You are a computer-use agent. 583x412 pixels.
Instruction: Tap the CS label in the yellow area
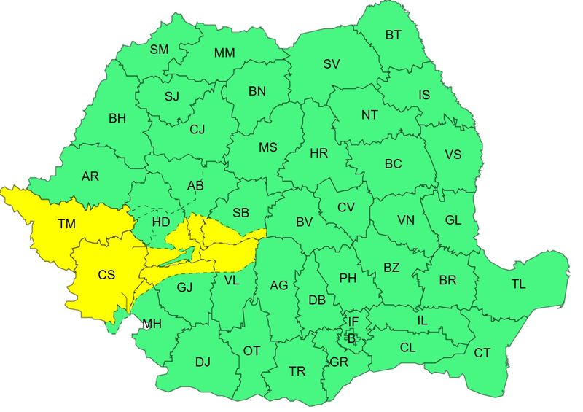pyautogui.click(x=106, y=275)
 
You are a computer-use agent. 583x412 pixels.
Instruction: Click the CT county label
pyautogui.click(x=482, y=353)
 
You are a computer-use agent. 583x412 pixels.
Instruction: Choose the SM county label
pyautogui.click(x=159, y=50)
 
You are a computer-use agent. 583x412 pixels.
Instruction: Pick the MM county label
pyautogui.click(x=224, y=53)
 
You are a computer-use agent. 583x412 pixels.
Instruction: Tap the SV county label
pyautogui.click(x=332, y=64)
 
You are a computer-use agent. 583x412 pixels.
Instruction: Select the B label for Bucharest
pyautogui.click(x=351, y=338)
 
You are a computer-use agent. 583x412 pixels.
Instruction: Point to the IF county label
pyautogui.click(x=353, y=322)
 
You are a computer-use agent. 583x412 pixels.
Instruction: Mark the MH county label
pyautogui.click(x=152, y=324)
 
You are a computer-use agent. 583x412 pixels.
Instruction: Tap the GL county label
pyautogui.click(x=453, y=220)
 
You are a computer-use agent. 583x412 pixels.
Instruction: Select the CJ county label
pyautogui.click(x=197, y=130)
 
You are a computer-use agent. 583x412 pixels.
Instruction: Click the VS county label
pyautogui.click(x=453, y=155)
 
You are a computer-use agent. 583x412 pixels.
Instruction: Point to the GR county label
pyautogui.click(x=338, y=362)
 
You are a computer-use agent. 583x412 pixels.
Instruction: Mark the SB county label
pyautogui.click(x=241, y=213)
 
